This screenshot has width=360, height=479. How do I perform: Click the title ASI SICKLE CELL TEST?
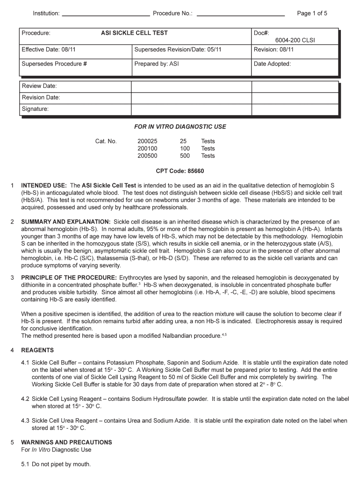tap(134, 33)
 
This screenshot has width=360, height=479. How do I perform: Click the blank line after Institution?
tap(106, 15)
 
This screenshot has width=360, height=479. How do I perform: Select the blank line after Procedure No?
tap(241, 15)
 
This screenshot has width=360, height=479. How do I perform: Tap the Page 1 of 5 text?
tap(312, 14)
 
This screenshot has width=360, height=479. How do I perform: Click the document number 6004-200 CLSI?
tap(295, 41)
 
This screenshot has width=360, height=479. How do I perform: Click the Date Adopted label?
tap(272, 64)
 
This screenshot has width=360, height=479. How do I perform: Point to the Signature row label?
tap(35, 109)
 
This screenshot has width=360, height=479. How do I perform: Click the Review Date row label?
tap(39, 86)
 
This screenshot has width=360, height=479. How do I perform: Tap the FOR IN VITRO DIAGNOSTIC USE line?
tap(180, 127)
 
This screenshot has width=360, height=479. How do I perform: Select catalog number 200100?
tap(147, 148)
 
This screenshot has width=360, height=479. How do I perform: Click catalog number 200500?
tap(147, 156)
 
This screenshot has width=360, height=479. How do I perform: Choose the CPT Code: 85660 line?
tap(180, 171)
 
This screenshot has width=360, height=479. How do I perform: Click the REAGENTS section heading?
tap(37, 350)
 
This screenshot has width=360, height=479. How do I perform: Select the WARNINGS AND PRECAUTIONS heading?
tap(66, 443)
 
